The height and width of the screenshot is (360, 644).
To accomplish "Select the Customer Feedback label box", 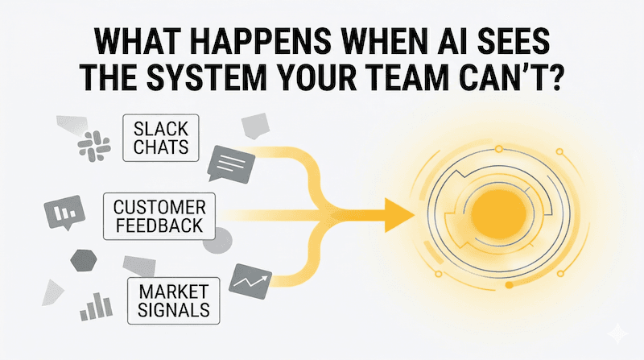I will pos(159,216).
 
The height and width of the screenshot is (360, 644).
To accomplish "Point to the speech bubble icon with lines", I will pos(231,165).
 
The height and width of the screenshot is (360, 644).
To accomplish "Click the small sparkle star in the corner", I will pos(619,333).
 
